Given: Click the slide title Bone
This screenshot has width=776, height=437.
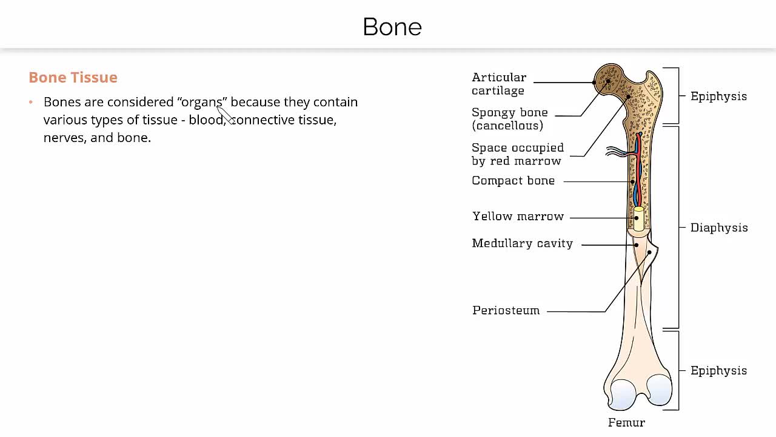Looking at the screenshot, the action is click(392, 27).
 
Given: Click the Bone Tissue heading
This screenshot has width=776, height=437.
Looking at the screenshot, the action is click(73, 77).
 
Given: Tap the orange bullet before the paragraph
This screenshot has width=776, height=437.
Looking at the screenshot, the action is click(31, 102).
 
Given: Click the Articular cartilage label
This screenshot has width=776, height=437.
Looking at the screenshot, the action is click(499, 84).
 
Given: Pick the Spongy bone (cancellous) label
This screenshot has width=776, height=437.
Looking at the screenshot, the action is click(510, 119).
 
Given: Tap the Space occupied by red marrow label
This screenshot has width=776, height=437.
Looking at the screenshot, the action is click(518, 154).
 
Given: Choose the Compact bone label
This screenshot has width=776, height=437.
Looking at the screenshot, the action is click(513, 181).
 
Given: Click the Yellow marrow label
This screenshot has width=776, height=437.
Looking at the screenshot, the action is click(518, 217).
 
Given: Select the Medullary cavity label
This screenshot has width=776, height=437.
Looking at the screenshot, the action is click(523, 243).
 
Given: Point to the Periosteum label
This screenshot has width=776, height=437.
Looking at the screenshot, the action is click(506, 310).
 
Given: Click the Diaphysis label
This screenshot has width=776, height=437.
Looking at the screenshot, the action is click(719, 228).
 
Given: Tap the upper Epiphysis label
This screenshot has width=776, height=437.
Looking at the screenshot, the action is click(719, 97).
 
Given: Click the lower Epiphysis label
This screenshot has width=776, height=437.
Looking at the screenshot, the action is click(719, 371).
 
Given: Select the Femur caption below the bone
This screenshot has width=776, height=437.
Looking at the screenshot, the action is click(626, 422).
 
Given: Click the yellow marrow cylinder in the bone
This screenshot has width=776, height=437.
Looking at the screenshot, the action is click(639, 219).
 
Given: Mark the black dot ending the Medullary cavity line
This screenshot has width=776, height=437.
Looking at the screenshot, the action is click(637, 245).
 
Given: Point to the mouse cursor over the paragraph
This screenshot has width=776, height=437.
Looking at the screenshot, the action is click(225, 115).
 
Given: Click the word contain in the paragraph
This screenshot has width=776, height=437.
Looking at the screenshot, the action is click(335, 103).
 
